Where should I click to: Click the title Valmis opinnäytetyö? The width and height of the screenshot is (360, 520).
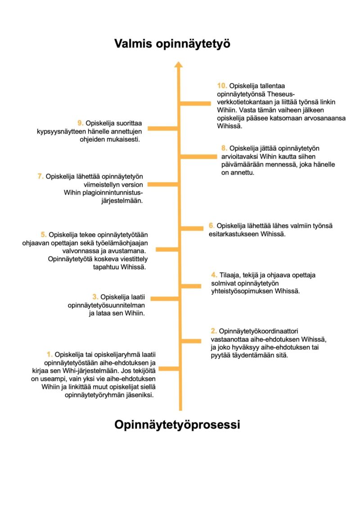point(172,44)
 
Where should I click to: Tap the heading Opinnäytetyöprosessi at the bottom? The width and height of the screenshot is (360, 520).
point(177,425)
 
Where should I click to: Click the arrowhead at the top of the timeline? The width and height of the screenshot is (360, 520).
point(179,64)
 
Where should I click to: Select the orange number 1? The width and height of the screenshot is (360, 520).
point(49,354)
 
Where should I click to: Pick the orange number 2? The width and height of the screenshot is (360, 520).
point(214,331)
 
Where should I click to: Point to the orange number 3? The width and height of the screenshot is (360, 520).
point(95,297)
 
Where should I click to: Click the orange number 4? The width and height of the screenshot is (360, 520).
point(214,275)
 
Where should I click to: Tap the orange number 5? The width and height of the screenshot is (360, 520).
point(44,235)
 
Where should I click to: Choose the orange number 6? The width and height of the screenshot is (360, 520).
point(211,226)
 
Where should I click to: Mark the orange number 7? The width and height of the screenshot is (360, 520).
point(40,176)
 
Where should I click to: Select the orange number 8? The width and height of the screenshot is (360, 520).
point(225,148)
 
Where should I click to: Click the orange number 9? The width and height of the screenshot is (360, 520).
point(80,123)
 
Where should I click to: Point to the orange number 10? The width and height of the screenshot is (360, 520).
point(222,86)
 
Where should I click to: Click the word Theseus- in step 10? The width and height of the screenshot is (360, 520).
point(281,94)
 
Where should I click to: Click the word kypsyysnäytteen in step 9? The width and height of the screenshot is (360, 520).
point(61,131)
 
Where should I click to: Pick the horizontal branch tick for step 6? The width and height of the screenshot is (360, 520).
point(192,228)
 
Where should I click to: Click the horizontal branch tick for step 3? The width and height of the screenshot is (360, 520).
point(164,299)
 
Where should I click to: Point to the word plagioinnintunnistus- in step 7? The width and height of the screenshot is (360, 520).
point(103,193)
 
